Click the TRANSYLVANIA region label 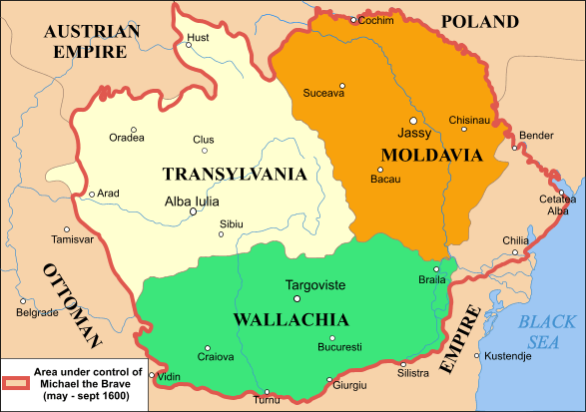click(x=234, y=174)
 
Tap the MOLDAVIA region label click(x=432, y=155)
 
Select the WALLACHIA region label click(x=291, y=320)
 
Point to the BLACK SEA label click(x=547, y=331)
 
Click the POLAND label click(x=480, y=21)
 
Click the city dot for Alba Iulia click(x=193, y=211)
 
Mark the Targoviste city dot click(x=295, y=298)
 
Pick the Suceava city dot click(x=342, y=85)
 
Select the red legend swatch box click(x=16, y=383)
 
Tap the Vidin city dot click(x=152, y=376)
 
